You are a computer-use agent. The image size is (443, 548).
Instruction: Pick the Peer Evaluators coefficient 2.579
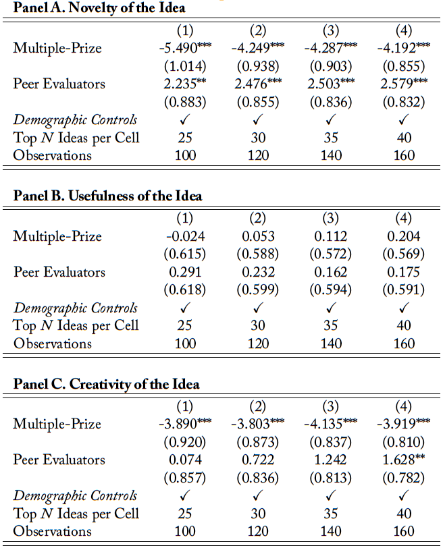point(399,84)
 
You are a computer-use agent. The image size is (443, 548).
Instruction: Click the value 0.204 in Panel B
point(404,236)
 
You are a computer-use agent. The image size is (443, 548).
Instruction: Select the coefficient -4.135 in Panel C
point(324,424)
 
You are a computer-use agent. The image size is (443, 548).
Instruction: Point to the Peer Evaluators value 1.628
point(399,460)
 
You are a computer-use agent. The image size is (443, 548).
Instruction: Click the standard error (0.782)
point(404,477)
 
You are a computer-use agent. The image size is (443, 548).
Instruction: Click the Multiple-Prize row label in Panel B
point(57,236)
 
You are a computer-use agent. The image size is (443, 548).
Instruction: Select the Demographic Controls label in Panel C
point(75,495)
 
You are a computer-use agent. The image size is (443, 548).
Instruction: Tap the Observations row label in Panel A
point(53,155)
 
